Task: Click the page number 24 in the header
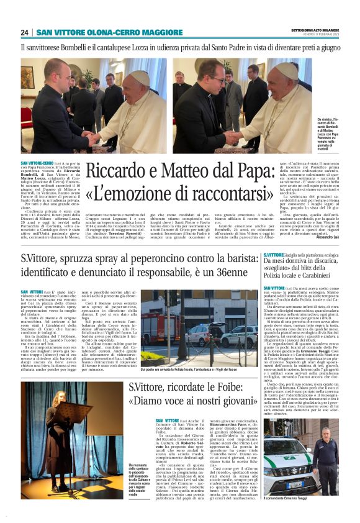tap(25, 32)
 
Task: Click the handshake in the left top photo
tap(94, 136)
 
